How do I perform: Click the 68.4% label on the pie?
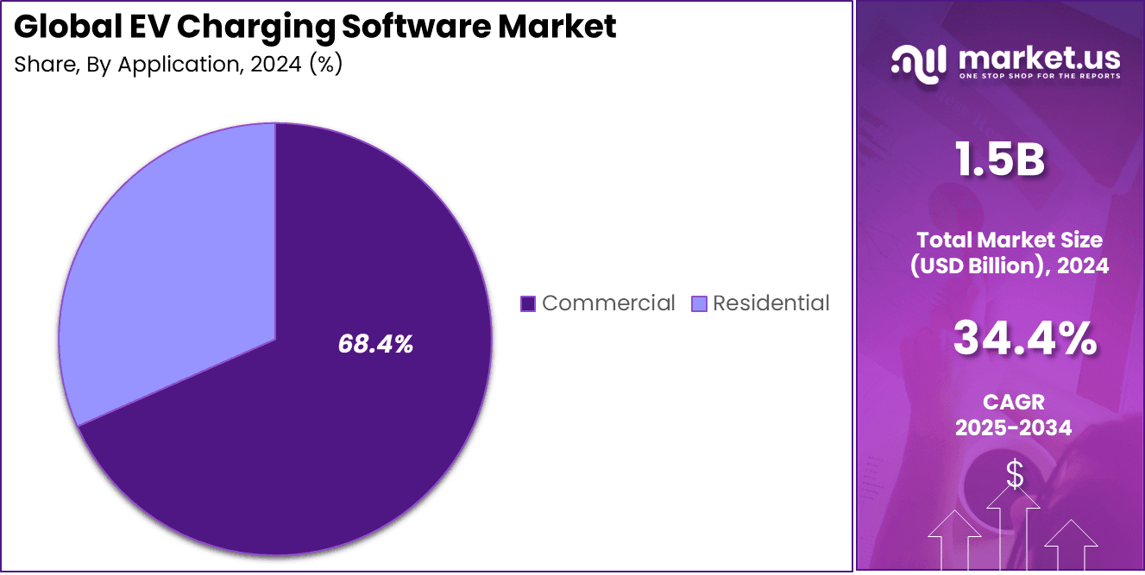tap(375, 345)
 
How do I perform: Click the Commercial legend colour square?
tap(528, 303)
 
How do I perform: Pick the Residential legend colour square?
tap(699, 303)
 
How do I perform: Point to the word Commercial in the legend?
tap(608, 303)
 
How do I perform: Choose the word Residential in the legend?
tap(771, 303)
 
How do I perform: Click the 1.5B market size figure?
tap(1000, 160)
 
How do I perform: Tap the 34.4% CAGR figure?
tap(1024, 339)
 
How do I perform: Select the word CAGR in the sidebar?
tap(1013, 402)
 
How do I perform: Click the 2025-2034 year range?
tap(1013, 427)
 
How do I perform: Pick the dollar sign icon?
tap(1015, 474)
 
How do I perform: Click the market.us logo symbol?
tap(919, 64)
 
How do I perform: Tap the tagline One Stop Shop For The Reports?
tap(1039, 77)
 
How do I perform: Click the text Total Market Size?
tap(1010, 240)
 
